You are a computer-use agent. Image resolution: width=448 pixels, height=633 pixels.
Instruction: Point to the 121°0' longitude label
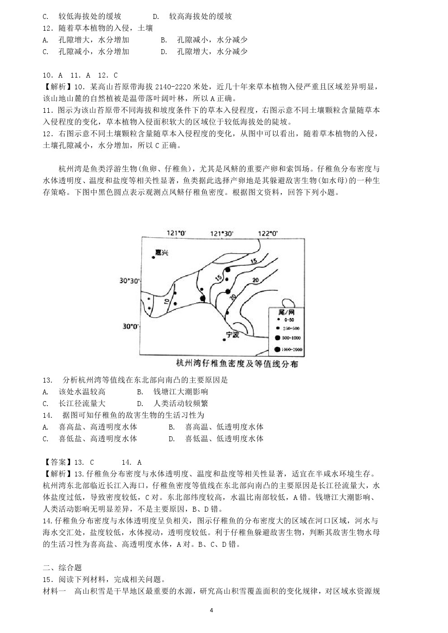[x=176, y=233]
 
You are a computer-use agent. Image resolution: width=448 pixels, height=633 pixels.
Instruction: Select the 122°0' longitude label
[x=267, y=233]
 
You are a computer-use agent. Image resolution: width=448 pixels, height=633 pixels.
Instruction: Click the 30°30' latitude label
[x=129, y=281]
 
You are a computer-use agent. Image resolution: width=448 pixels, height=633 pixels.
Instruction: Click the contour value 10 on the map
[x=166, y=301]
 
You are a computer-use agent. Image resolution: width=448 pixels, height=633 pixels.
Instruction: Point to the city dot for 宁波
[x=224, y=339]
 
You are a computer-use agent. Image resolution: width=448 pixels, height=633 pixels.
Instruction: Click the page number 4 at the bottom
[x=211, y=610]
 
